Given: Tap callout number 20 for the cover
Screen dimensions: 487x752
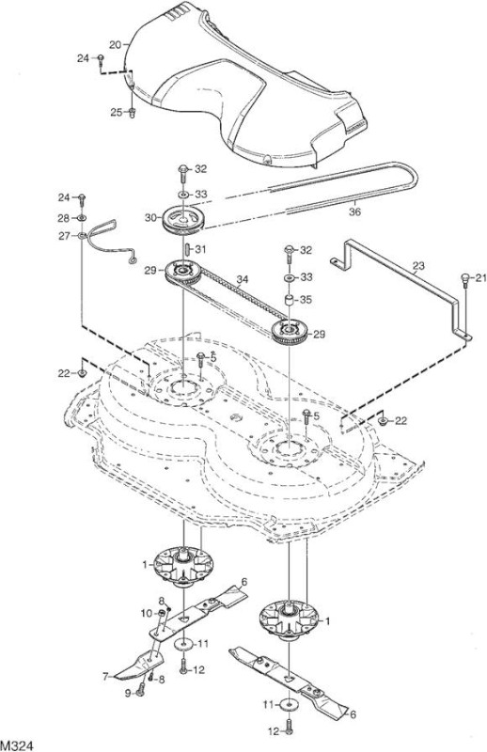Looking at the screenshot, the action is pos(115,44).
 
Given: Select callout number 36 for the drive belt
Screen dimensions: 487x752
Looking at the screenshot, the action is pos(354,211).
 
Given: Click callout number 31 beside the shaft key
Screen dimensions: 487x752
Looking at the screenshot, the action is pos(200,249).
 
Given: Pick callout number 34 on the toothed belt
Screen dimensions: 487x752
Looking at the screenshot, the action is pos(243,279).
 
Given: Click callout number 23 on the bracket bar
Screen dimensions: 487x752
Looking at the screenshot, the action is pos(418,265).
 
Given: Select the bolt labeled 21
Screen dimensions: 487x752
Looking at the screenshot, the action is pos(465,279).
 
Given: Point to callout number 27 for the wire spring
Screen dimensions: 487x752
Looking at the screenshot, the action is pos(64,236).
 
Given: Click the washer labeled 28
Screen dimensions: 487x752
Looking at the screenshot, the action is pos(82,219).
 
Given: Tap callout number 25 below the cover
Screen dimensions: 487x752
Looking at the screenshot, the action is pos(117,112).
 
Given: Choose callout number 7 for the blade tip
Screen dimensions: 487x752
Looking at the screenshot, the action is pos(105,677).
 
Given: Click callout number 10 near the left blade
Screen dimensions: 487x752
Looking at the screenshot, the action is pos(147,613).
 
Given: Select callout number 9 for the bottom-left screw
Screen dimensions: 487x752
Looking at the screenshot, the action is pos(129,693).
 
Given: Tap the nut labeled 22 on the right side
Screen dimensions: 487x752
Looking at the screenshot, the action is pos(384,420).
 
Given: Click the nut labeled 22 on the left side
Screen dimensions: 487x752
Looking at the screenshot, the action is pos(83,372).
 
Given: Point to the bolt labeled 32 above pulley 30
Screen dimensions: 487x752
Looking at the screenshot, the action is pos(183,173).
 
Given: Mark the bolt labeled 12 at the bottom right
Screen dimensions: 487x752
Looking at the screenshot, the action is pos(289,726).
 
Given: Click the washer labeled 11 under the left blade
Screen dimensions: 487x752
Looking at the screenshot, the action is pos(184,644).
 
